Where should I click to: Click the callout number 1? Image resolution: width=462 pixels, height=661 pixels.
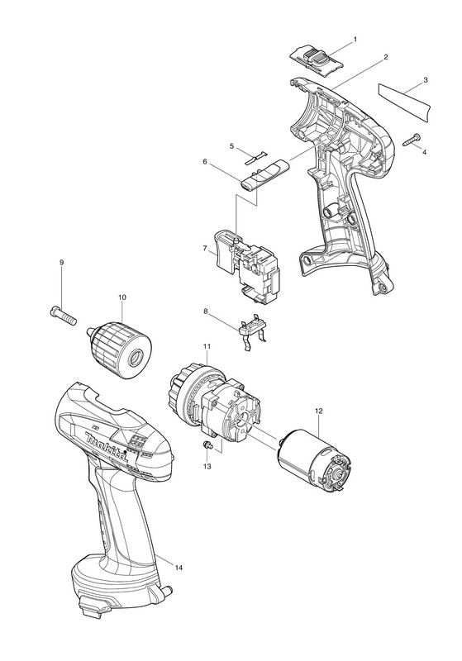click(355, 39)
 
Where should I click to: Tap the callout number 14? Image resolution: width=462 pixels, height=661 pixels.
click(179, 568)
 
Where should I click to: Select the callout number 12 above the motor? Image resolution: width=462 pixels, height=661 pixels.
click(319, 410)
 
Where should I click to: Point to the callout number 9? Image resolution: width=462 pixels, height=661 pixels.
click(61, 262)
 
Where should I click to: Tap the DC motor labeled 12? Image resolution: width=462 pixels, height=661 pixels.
click(315, 460)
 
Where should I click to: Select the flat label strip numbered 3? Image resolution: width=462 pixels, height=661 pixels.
click(405, 100)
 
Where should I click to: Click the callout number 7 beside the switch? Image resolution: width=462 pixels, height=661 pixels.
click(205, 250)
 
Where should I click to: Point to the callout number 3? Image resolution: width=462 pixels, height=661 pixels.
click(426, 79)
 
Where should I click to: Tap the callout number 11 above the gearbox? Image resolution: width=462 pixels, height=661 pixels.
click(207, 346)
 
